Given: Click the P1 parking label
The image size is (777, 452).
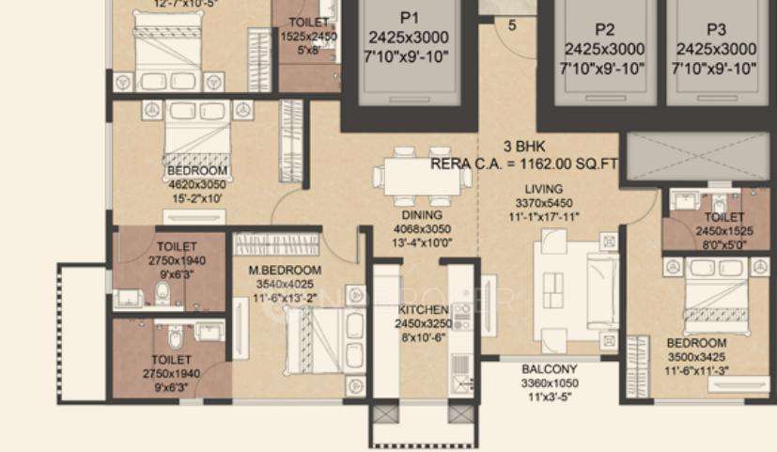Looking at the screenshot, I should click(410, 19).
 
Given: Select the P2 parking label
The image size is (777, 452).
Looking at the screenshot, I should click(603, 29).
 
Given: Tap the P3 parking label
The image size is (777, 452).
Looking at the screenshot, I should click(716, 29).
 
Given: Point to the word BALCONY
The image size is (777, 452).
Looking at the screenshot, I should click(550, 369).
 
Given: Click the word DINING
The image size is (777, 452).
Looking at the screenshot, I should click(409, 215).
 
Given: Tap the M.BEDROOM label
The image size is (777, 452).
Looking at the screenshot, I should click(285, 271).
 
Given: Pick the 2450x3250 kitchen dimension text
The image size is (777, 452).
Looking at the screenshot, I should click(423, 323).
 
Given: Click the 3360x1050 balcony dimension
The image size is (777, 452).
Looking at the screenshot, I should click(550, 383).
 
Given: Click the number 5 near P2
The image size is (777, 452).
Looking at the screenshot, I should click(512, 25).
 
